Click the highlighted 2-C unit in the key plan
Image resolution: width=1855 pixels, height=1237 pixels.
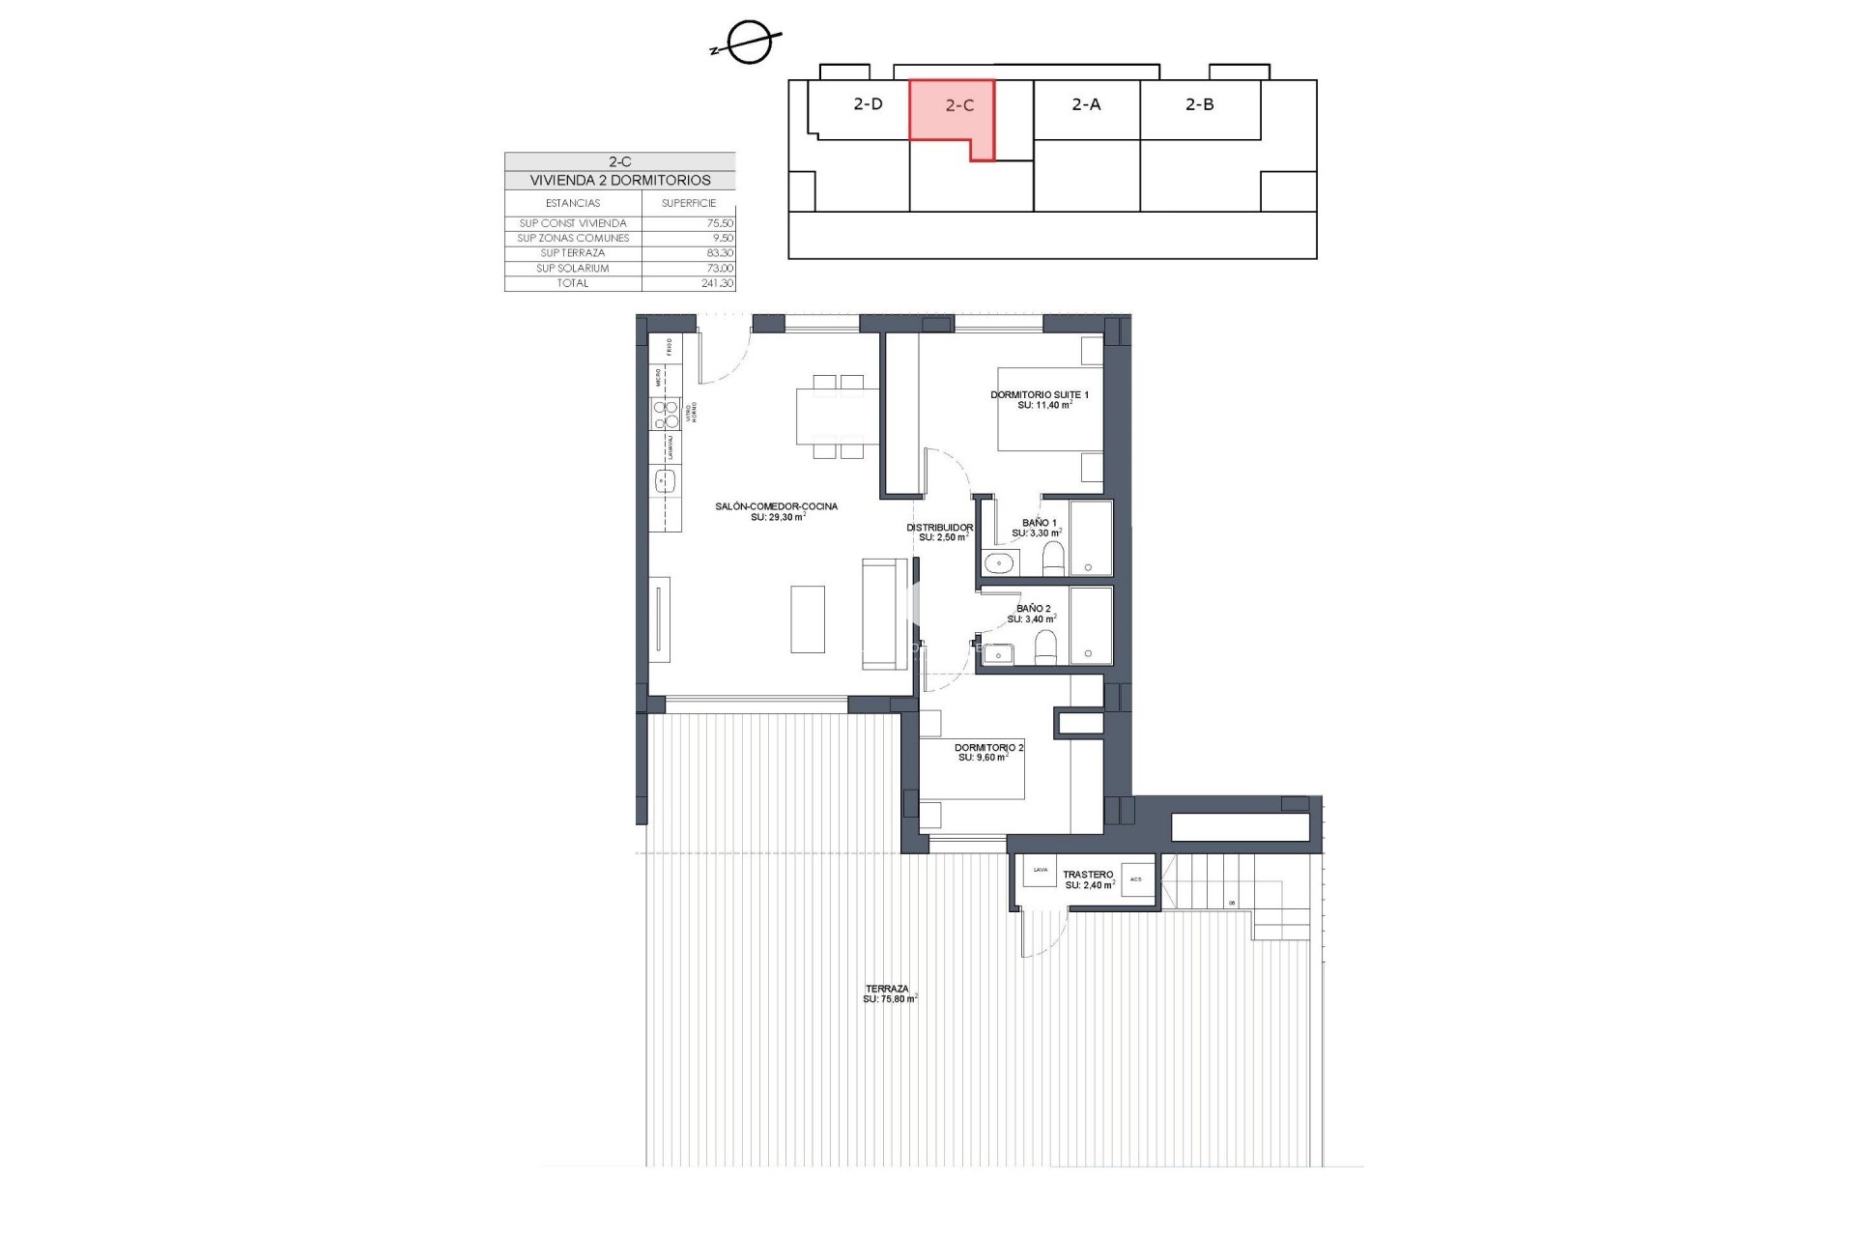point(951,110)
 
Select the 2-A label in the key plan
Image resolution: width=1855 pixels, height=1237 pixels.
point(1086,104)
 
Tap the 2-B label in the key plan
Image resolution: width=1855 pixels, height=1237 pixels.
point(1199,104)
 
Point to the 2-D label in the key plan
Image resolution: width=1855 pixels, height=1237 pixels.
point(868,104)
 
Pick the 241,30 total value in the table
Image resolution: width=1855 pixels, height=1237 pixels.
point(717,284)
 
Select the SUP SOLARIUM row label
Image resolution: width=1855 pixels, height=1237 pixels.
point(573,269)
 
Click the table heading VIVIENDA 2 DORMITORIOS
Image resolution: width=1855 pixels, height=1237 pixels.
point(619,181)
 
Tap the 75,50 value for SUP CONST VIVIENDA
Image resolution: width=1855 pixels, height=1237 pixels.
point(720,223)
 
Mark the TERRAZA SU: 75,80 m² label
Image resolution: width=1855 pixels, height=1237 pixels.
point(888,993)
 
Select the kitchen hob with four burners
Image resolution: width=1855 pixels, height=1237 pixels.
point(666,416)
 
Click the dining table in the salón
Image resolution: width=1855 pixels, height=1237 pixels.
point(837,416)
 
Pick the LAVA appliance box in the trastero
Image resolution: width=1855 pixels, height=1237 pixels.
point(1041,871)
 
